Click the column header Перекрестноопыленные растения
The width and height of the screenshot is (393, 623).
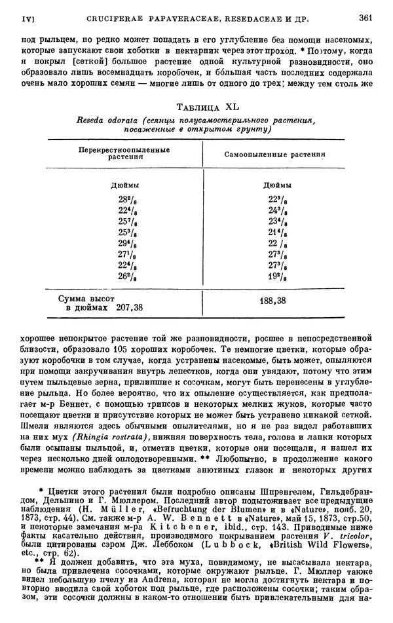pyautogui.click(x=123, y=154)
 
